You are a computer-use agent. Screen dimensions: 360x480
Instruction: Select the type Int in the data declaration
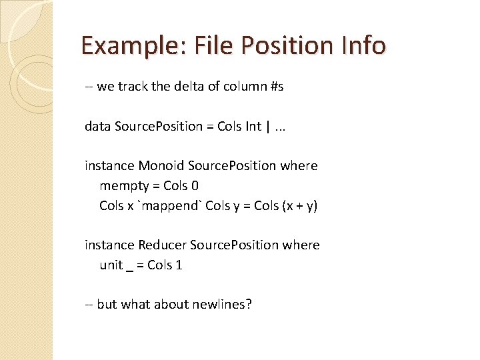(x=253, y=127)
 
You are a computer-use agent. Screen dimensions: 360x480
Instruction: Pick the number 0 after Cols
(x=195, y=185)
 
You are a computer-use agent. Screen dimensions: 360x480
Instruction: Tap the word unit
(x=111, y=265)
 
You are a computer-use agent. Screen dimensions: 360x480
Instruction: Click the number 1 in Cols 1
(x=179, y=265)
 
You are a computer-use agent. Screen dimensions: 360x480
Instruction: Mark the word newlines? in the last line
(x=222, y=305)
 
